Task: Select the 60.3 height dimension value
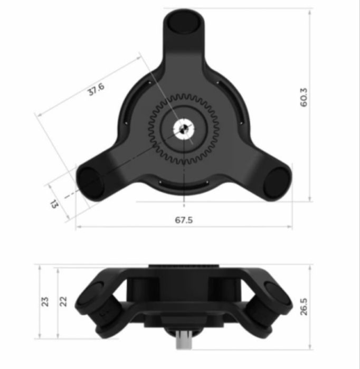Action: pyautogui.click(x=303, y=98)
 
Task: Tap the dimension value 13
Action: pyautogui.click(x=55, y=203)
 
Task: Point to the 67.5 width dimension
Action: pyautogui.click(x=184, y=220)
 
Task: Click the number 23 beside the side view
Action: pyautogui.click(x=45, y=301)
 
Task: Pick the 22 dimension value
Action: pyautogui.click(x=64, y=301)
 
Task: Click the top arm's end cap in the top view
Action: pyautogui.click(x=183, y=22)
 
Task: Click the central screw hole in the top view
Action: pyautogui.click(x=183, y=128)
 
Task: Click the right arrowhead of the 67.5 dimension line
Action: pyautogui.click(x=290, y=227)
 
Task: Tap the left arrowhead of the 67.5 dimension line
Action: pyautogui.click(x=78, y=227)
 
